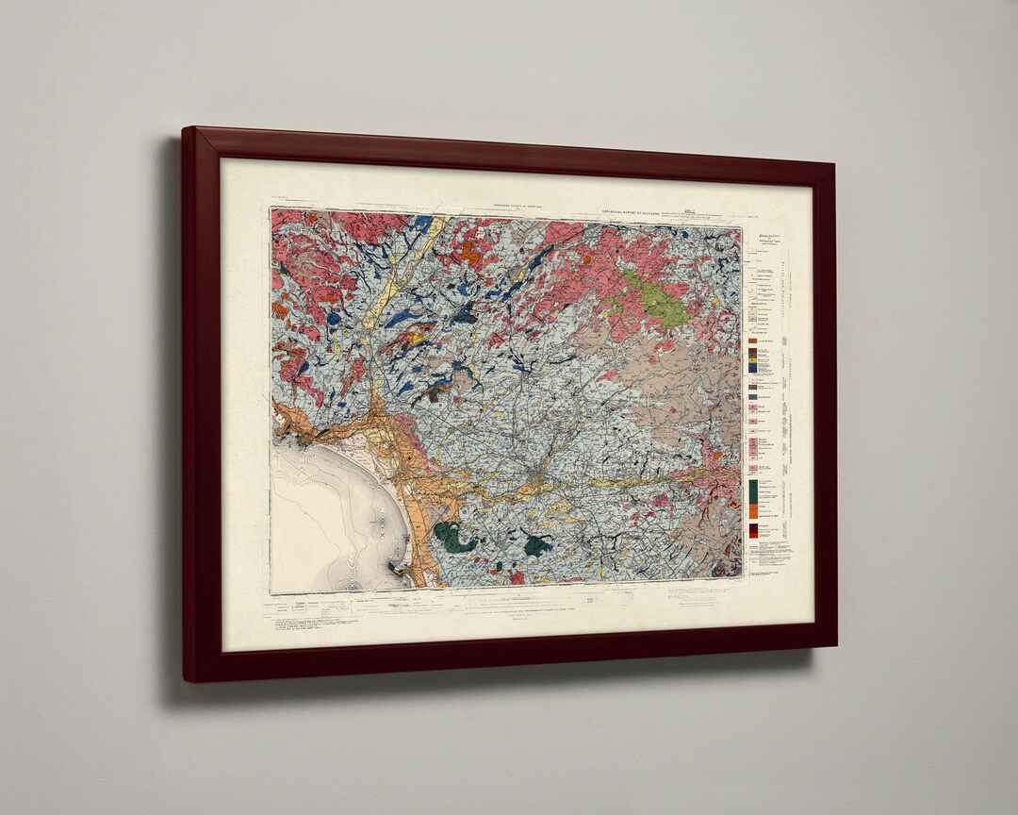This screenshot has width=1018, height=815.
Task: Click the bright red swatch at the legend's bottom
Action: coord(753,530)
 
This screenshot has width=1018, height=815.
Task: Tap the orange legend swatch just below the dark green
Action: coord(753,510)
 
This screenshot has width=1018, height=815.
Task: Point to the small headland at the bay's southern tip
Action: coord(402,570)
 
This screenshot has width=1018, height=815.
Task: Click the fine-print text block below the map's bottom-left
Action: coord(311,626)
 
